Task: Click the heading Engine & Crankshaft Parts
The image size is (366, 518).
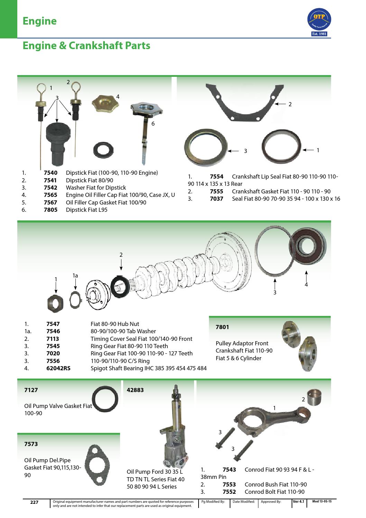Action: pyautogui.click(x=86, y=46)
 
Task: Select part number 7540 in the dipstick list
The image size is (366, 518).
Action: pyautogui.click(x=50, y=173)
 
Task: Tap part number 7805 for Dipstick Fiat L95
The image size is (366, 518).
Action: pyautogui.click(x=50, y=210)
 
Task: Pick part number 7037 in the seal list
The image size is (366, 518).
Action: pyautogui.click(x=217, y=199)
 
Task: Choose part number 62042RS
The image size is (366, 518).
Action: pyautogui.click(x=58, y=368)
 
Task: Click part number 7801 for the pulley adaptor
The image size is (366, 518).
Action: pyautogui.click(x=222, y=327)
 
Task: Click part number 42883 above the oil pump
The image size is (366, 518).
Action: pyautogui.click(x=136, y=390)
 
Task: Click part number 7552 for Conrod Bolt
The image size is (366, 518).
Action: pyautogui.click(x=229, y=492)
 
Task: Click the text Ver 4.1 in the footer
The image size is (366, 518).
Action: pyautogui.click(x=298, y=501)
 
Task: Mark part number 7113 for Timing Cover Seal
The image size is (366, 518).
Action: pyautogui.click(x=53, y=339)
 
